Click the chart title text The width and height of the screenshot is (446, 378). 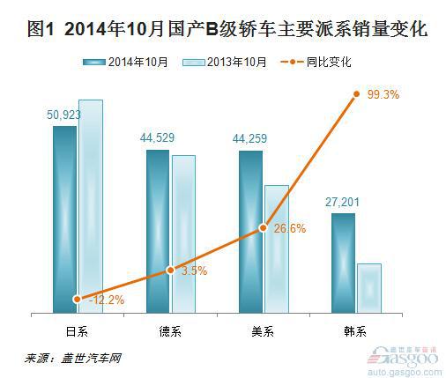tap(227, 29)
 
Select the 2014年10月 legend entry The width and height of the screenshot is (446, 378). tap(125, 63)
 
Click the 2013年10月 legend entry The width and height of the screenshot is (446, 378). tap(225, 63)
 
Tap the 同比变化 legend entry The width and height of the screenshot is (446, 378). tap(316, 62)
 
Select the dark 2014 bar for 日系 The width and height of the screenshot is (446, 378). tap(64, 219)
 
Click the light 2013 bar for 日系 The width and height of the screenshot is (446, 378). tap(91, 206)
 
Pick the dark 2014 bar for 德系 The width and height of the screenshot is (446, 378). tap(158, 231)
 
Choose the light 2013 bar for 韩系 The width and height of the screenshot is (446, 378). tap(369, 288)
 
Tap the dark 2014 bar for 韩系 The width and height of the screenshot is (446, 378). tap(343, 263)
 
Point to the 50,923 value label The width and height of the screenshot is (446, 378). tap(63, 115)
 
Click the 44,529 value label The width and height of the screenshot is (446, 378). tap(157, 137)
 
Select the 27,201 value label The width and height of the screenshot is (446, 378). tap(342, 202)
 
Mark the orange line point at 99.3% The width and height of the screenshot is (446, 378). tap(356, 94)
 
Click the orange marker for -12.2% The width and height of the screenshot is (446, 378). tap(78, 300)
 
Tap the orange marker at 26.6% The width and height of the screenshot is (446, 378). tap(264, 227)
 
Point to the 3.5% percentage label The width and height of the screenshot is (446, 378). tap(195, 271)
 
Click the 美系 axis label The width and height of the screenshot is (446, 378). tap(263, 332)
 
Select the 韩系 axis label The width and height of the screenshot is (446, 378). tap(355, 332)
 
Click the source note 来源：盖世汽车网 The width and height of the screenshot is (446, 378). tap(72, 359)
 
